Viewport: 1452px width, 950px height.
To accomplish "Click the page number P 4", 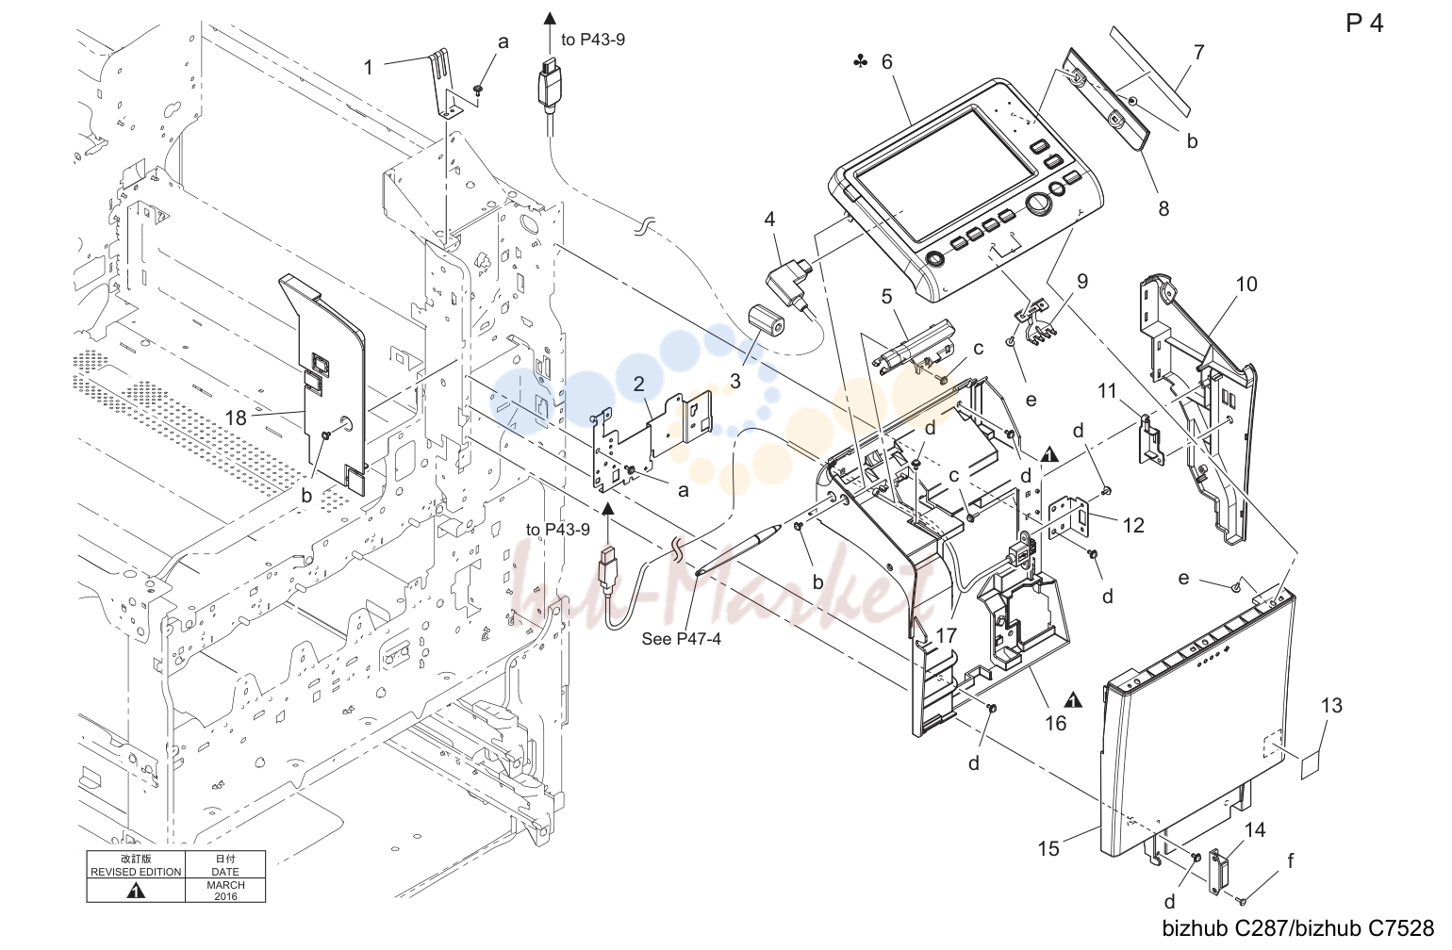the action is [1364, 24].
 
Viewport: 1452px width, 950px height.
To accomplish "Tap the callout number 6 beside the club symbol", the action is [886, 61].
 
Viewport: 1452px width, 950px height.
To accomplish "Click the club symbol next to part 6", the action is [860, 61].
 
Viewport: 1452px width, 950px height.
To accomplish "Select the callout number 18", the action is [236, 418].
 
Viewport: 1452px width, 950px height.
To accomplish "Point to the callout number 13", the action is [1331, 705].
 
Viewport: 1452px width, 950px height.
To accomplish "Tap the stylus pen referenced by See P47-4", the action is [737, 550].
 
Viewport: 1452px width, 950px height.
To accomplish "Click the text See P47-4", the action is [682, 638].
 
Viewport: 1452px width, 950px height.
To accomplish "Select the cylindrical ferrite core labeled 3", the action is [766, 321].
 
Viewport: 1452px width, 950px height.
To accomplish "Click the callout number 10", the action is [1246, 284].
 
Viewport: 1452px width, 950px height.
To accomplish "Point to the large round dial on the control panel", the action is [1040, 205].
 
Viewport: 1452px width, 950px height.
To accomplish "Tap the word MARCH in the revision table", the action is [225, 885].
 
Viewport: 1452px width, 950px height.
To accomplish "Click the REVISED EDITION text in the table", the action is [136, 872].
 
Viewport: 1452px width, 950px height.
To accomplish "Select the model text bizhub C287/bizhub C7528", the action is [1298, 928].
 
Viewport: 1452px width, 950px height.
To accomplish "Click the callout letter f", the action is [1291, 860].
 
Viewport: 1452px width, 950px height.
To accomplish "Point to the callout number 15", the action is [1048, 848].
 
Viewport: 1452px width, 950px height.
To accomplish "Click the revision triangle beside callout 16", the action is [1074, 700].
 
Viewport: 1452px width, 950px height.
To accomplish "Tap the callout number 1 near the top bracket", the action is [368, 68].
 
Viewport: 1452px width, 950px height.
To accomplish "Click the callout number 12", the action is [1133, 525].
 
